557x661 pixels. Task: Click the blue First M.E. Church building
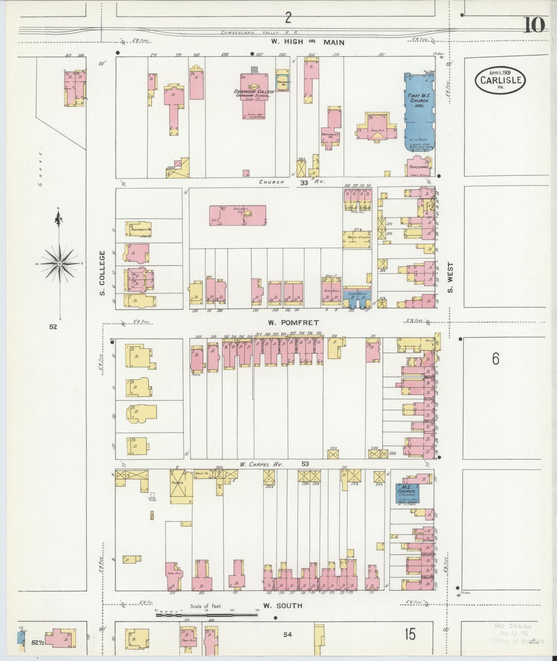coord(419,112)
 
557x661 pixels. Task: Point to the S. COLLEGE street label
coord(103,273)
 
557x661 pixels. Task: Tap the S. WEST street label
coord(450,277)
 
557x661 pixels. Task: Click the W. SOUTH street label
coord(283,606)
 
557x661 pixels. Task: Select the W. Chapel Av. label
coord(261,464)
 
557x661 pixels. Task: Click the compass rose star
coord(60,263)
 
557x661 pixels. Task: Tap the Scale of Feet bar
coord(206,615)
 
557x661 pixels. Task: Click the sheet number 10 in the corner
coord(534,25)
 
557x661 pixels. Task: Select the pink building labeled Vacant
coord(237,215)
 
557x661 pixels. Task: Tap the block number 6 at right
coord(495,359)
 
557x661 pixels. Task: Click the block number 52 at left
coord(53,327)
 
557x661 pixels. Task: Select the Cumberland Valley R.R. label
coord(260,33)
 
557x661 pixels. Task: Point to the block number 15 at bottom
coord(410,634)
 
